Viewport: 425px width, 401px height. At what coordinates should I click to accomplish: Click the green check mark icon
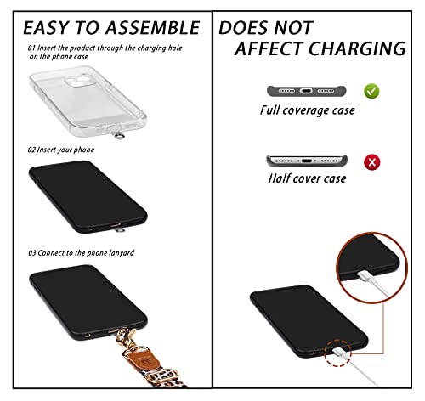(x=371, y=91)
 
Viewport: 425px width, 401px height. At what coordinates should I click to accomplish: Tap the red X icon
(x=372, y=162)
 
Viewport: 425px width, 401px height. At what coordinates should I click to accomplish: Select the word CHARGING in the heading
(x=358, y=48)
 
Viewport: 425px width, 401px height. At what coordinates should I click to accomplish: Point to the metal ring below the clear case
(x=120, y=136)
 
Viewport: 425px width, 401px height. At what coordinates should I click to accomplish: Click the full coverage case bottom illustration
(x=307, y=91)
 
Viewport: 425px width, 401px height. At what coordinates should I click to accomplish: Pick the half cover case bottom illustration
(x=307, y=161)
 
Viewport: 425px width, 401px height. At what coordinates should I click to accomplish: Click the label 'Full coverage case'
(x=308, y=110)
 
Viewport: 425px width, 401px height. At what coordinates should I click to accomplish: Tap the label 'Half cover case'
(x=307, y=178)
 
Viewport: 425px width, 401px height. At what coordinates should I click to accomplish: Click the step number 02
(x=31, y=150)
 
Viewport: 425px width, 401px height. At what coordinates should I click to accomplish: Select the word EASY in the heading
(x=46, y=28)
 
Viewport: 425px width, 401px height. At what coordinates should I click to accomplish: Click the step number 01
(x=31, y=48)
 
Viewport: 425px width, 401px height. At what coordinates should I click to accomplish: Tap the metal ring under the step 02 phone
(x=120, y=230)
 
